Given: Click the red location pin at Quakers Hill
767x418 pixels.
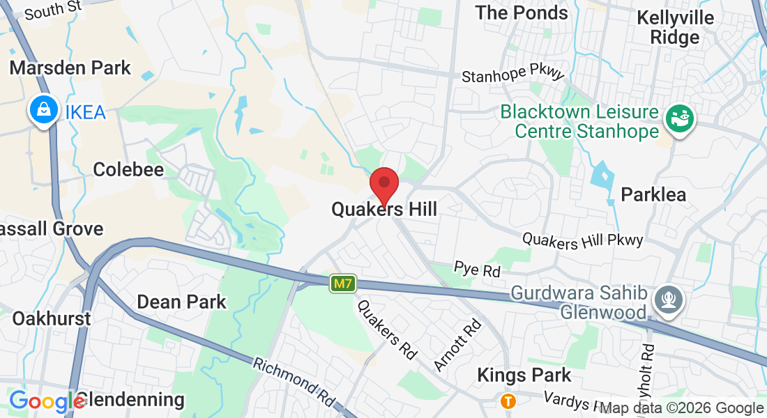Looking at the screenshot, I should [x=383, y=184].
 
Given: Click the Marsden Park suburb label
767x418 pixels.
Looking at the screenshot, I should [x=70, y=68].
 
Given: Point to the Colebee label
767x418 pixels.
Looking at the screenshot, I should [x=128, y=169].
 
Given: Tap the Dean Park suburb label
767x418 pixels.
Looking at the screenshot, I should [x=181, y=302].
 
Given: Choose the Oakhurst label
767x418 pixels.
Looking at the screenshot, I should [x=52, y=318].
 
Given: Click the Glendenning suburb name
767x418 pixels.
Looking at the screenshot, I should [x=130, y=400].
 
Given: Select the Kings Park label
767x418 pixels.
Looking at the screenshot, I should [x=524, y=375].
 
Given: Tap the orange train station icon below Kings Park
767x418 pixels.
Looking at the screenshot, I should [x=508, y=401].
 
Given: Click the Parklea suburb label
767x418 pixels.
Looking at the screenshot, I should [x=653, y=194].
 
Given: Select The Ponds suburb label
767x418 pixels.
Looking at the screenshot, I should [x=522, y=13].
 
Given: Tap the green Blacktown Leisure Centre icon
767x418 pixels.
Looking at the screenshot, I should [x=676, y=118].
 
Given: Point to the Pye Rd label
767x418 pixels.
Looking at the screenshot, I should [x=477, y=269].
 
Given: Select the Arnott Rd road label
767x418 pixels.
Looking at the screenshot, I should [x=457, y=344].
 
